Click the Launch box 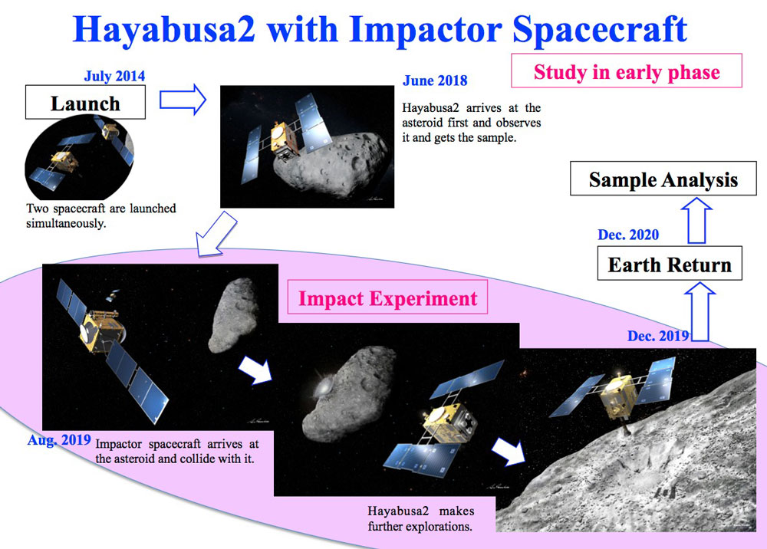point(86,102)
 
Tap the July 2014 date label point(114,76)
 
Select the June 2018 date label point(435,81)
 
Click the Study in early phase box point(627,71)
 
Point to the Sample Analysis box point(663,179)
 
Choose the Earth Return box point(670,264)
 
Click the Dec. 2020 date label point(628,235)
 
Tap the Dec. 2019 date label point(658,336)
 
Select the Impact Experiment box point(387,298)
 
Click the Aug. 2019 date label point(59,440)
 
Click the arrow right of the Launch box point(183,99)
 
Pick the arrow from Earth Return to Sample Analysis point(696,220)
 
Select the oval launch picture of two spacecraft point(79,157)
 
